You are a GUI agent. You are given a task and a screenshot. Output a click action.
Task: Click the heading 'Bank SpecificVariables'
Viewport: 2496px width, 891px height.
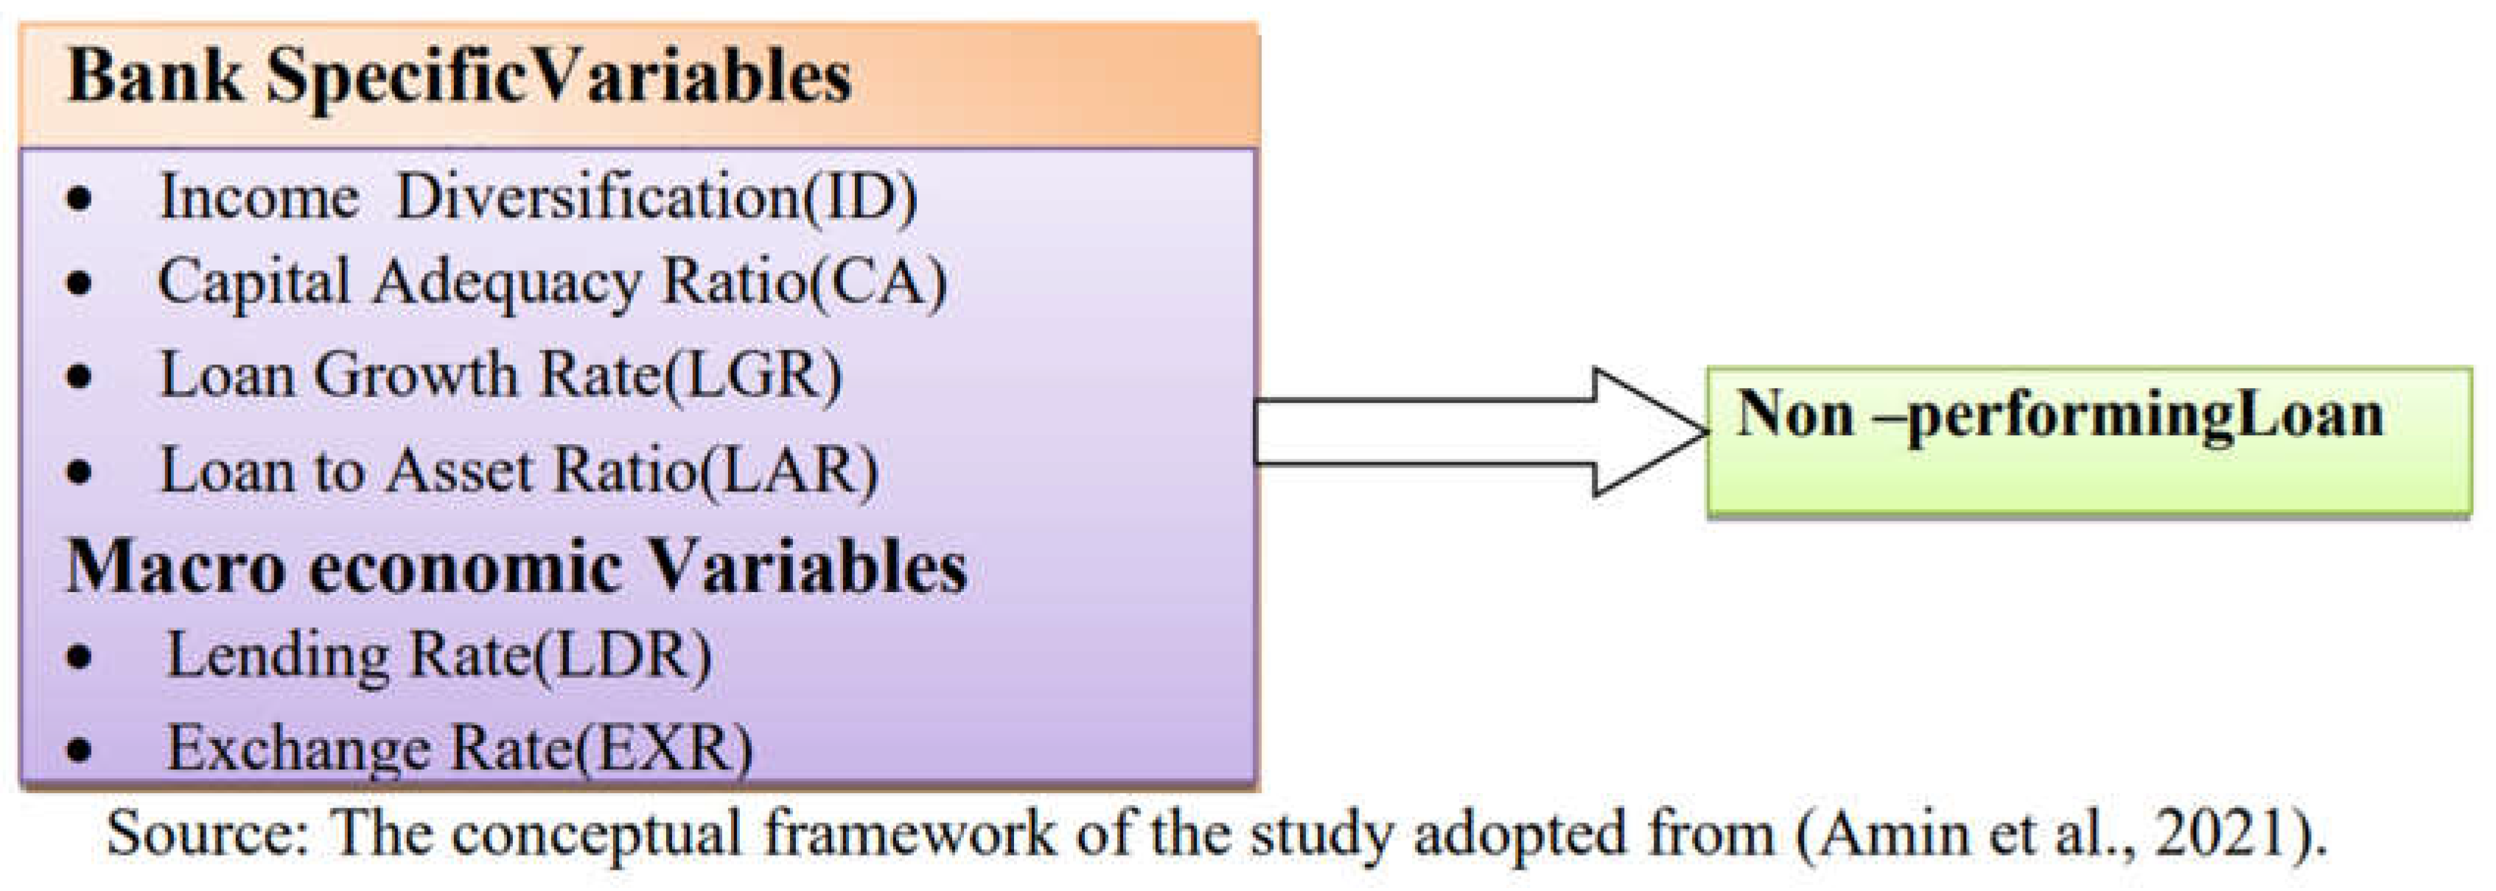(x=459, y=77)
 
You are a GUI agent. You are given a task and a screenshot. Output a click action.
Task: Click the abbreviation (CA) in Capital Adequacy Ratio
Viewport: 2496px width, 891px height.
(x=878, y=283)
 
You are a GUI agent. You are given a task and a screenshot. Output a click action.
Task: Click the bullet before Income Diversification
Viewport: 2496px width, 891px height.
(x=80, y=200)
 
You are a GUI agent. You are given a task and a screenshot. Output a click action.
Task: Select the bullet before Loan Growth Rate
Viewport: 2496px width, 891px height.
(x=80, y=377)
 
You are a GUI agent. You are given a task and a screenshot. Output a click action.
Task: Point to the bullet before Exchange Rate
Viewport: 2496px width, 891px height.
(x=80, y=750)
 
